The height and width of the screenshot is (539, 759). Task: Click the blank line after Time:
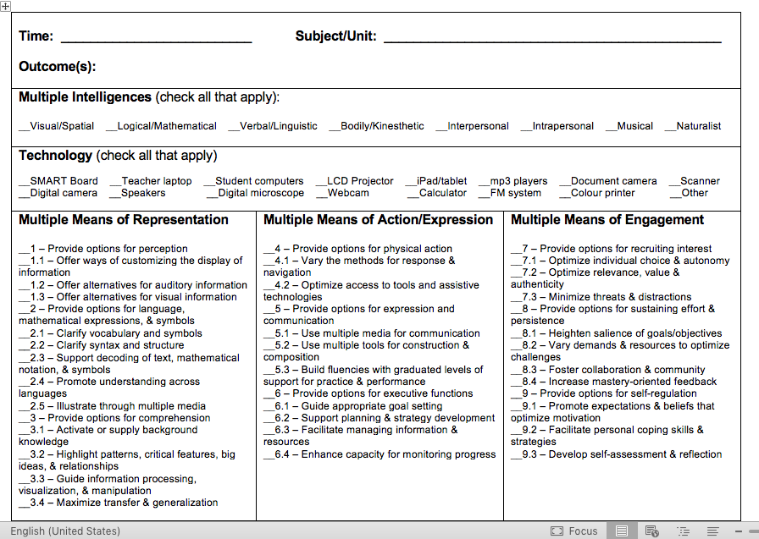point(156,38)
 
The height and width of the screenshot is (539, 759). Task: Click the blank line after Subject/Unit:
point(552,38)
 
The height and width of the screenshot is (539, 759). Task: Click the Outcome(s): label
point(57,67)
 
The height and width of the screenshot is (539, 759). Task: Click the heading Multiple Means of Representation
point(124,220)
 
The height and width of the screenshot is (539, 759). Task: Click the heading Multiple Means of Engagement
point(607,220)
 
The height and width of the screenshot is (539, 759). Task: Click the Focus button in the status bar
point(574,531)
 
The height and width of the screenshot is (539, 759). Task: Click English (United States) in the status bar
point(65,531)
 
